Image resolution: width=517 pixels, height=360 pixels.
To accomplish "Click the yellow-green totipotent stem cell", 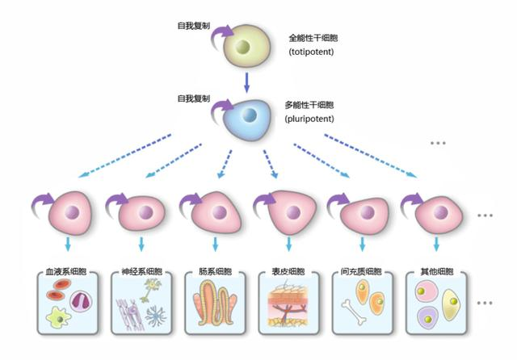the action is (246, 46).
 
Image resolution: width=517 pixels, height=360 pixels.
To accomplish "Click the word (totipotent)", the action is (311, 52).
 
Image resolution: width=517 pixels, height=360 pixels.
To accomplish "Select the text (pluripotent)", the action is (309, 119).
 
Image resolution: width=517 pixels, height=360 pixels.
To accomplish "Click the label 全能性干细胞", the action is (313, 38).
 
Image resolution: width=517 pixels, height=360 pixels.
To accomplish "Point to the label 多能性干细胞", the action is (309, 105).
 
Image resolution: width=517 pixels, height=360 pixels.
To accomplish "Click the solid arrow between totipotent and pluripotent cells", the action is (246, 82).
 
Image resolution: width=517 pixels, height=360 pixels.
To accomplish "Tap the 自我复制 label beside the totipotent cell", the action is (194, 26).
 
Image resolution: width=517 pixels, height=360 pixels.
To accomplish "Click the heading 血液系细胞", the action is (66, 271).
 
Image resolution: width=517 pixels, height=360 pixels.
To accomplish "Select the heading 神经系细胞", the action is (142, 271).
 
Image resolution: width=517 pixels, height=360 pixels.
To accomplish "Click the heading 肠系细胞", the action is (216, 271).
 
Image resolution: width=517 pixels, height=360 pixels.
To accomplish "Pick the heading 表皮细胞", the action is (288, 271).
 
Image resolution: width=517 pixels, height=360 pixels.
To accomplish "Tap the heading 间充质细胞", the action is (361, 271).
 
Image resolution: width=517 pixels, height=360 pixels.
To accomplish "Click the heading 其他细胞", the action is (436, 271).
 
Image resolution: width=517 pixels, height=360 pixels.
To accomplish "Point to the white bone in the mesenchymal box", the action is (354, 312).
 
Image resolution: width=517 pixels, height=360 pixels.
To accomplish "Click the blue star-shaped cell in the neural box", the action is (155, 316).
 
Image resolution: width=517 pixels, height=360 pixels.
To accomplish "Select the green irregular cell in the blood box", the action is (58, 317).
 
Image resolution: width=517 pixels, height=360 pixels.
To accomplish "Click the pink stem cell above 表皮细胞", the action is (292, 211).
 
